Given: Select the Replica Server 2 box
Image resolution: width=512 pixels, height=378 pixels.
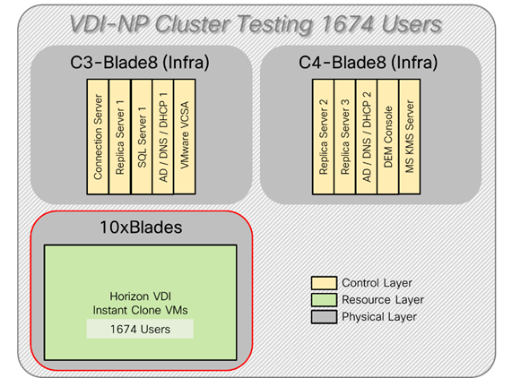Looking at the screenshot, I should click(x=324, y=126).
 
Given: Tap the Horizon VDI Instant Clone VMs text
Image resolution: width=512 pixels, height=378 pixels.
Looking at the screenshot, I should click(x=140, y=301).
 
